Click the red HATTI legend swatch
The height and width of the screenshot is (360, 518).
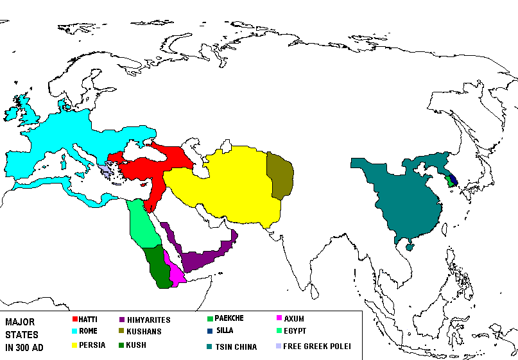(x=74, y=319)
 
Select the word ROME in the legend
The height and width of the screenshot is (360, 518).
(x=88, y=331)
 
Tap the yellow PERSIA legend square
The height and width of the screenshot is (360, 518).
(x=74, y=345)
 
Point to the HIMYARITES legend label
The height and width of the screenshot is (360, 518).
(x=149, y=319)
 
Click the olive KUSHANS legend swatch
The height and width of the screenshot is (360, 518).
(x=121, y=332)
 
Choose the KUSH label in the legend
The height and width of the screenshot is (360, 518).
(x=136, y=345)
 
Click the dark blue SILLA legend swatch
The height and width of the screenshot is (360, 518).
(x=209, y=331)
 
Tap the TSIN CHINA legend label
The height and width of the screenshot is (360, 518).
(x=236, y=347)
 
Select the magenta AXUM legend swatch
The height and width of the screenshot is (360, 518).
(x=278, y=318)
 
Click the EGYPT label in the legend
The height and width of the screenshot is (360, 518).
(x=295, y=331)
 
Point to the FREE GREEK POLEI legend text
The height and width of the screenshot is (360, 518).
(x=317, y=347)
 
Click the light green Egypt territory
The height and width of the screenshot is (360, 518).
(x=142, y=225)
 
